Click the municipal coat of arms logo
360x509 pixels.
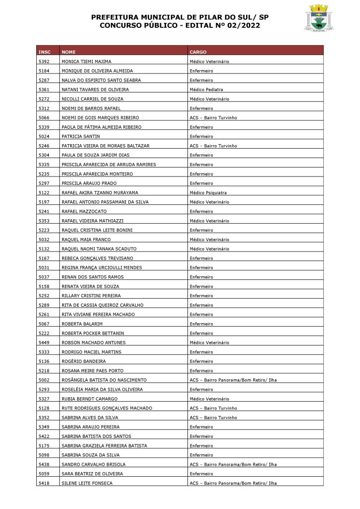pos(318,18)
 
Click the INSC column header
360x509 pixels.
pos(44,52)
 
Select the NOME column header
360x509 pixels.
pos(69,52)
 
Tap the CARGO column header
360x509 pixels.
pos(198,52)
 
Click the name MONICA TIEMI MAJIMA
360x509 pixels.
pos(87,61)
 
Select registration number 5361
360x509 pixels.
pos(44,89)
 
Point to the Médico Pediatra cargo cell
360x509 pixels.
pos(206,89)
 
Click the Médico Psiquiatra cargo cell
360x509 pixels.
pos(208,192)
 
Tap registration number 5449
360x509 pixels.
pos(44,342)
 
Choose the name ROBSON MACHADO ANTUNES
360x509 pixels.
pos(93,342)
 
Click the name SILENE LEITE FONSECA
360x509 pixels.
pos(87,483)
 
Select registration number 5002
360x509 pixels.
pos(44,380)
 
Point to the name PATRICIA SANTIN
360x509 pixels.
pos(81,136)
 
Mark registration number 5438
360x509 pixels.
pos(44,464)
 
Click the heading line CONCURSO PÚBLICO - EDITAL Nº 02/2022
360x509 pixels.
pos(180,25)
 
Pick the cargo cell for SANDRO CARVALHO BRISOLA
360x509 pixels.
pos(233,464)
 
